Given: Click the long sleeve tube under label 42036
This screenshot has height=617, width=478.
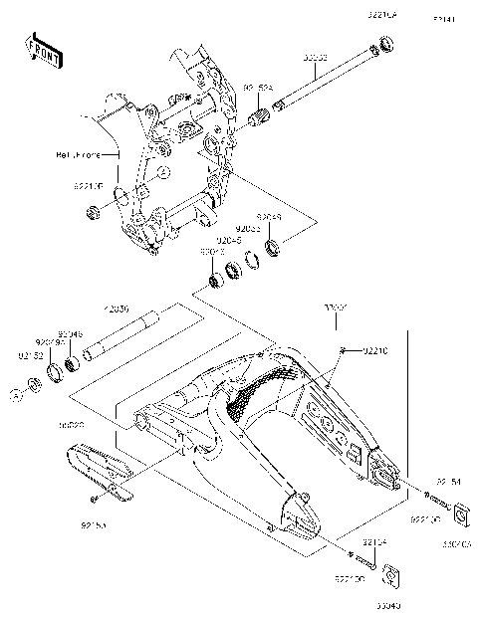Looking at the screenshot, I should (x=123, y=335).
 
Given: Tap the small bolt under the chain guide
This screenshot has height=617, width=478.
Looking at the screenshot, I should (x=91, y=497).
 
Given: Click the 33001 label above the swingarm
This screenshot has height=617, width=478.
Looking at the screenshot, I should (x=334, y=308).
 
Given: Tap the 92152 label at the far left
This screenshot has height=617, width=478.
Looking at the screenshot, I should (x=27, y=354).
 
